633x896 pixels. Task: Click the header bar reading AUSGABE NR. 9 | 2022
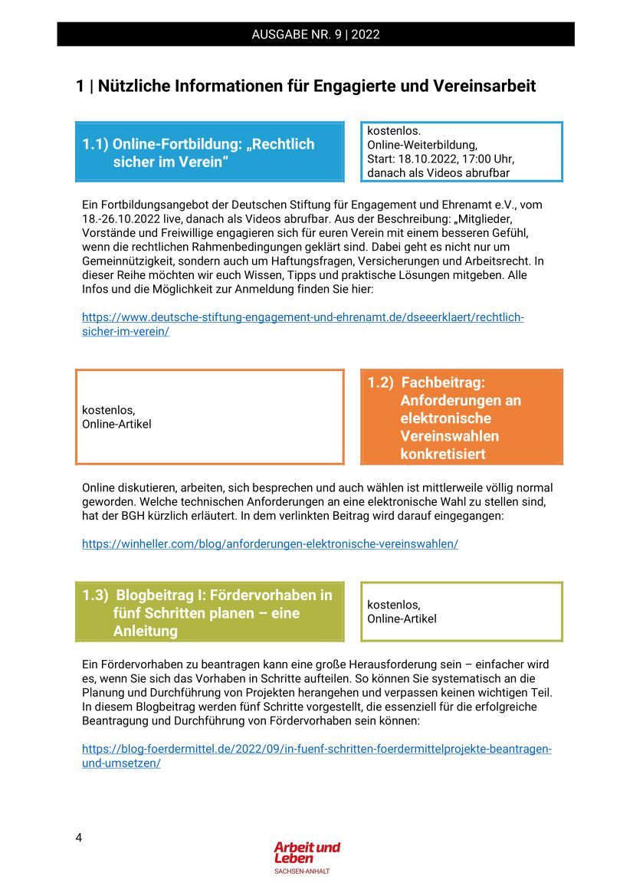[x=315, y=34]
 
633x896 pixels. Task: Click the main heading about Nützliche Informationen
[x=306, y=86]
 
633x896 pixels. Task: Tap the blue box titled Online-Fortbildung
[x=208, y=153]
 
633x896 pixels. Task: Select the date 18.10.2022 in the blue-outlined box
[x=431, y=159]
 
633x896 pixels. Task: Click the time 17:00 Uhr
[x=490, y=159]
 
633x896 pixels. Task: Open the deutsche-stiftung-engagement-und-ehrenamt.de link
[x=303, y=317]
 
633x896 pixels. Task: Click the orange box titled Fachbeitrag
[x=461, y=418]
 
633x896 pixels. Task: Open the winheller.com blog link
[x=270, y=543]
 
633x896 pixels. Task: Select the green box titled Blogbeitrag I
[x=208, y=612]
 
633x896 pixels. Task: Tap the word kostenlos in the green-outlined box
[x=393, y=605]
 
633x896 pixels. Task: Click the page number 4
[x=79, y=837]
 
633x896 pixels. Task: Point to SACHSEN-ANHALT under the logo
[x=302, y=871]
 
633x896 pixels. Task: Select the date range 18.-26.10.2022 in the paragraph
[x=126, y=218]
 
